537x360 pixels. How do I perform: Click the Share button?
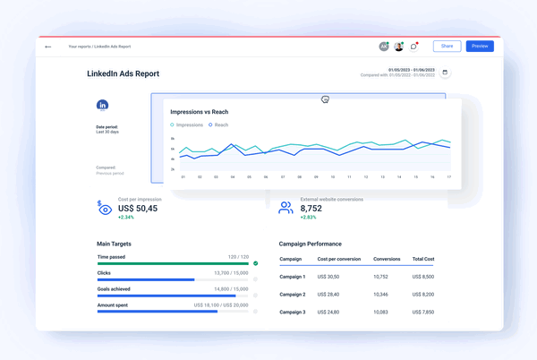(447, 46)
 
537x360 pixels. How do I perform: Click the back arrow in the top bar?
(48, 47)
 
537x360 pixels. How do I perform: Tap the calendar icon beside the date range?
(445, 73)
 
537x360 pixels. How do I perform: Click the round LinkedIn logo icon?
(103, 105)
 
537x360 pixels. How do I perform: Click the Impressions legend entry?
(187, 125)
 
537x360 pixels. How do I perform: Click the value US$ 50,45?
(132, 208)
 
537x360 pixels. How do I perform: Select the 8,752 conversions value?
(317, 208)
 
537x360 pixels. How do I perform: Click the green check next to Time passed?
(256, 263)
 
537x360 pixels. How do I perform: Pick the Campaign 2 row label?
(293, 294)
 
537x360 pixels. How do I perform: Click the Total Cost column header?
(423, 259)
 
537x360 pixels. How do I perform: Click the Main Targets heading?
(121, 244)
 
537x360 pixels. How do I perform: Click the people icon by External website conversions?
(286, 208)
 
